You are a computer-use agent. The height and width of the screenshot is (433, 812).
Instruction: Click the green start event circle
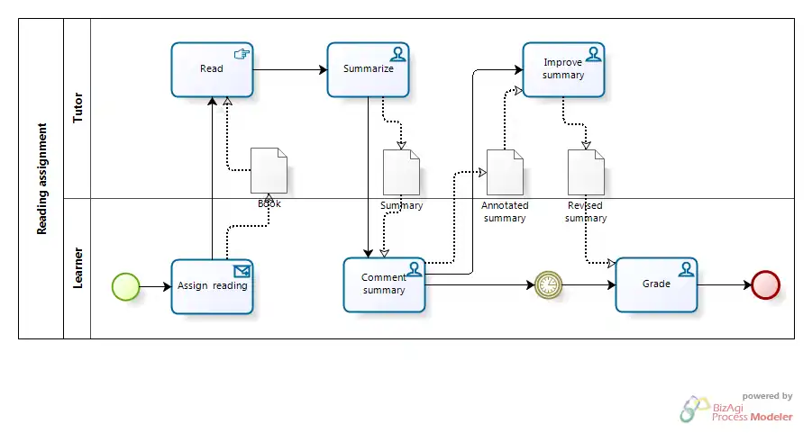click(125, 286)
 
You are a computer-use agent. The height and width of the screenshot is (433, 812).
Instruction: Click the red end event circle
click(765, 285)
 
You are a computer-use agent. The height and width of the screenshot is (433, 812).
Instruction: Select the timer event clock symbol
click(547, 285)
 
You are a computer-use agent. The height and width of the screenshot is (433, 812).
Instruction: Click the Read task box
click(212, 69)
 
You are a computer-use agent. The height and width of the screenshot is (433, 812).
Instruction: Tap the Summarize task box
click(368, 69)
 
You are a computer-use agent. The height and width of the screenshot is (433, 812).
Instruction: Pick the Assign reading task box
click(212, 286)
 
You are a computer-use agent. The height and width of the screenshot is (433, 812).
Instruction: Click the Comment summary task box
click(384, 285)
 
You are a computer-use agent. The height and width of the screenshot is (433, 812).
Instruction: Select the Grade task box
click(656, 284)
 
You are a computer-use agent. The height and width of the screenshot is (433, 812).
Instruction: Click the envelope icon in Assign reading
click(242, 269)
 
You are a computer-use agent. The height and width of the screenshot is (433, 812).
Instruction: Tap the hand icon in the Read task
click(242, 53)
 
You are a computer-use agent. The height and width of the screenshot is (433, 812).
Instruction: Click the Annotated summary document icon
click(505, 172)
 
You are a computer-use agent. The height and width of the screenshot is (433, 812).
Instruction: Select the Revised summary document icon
click(586, 172)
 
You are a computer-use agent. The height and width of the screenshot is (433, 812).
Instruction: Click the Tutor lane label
click(78, 107)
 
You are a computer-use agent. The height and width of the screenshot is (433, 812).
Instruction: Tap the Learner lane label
click(78, 268)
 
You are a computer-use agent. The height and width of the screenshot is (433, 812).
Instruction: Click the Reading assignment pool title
click(41, 179)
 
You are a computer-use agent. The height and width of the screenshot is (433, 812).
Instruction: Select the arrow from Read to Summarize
click(289, 69)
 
